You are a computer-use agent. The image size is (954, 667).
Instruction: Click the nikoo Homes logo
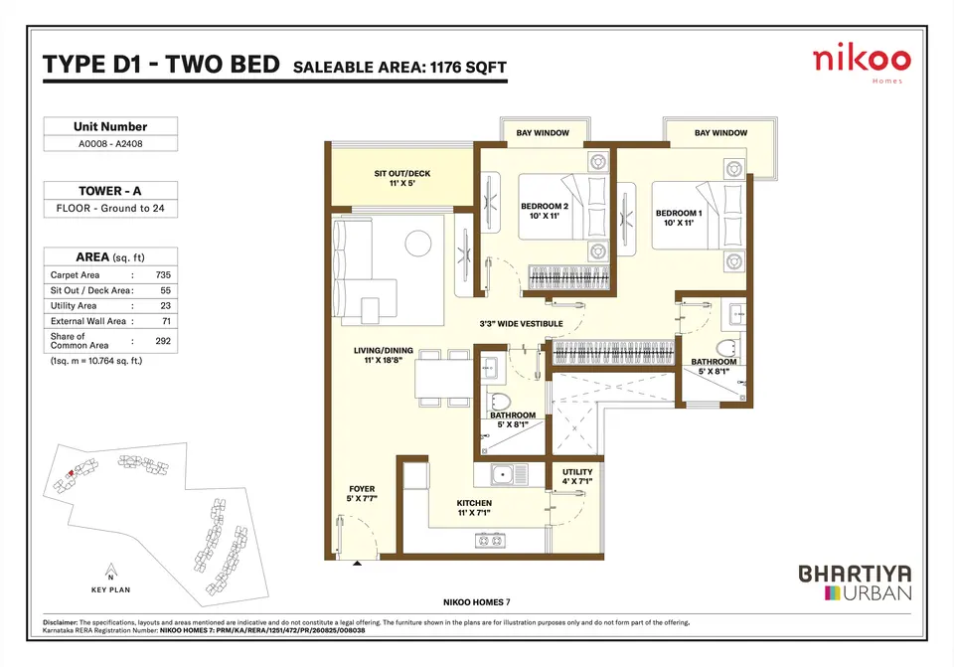click(x=862, y=65)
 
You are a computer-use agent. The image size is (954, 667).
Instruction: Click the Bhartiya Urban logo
click(x=855, y=583)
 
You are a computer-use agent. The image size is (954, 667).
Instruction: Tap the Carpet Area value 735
click(x=163, y=275)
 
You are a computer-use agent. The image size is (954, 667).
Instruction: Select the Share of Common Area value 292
click(x=163, y=341)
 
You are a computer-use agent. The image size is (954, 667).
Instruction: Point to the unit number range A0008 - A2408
click(x=110, y=143)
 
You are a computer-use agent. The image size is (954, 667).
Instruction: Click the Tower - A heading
click(x=110, y=191)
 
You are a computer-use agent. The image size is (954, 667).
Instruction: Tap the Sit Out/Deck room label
click(x=402, y=178)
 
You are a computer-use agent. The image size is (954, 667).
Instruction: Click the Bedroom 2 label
click(x=545, y=211)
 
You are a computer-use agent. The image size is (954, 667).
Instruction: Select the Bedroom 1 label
click(x=679, y=218)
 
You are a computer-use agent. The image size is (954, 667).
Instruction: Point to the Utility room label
click(x=577, y=476)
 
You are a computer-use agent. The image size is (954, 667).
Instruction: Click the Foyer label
click(x=362, y=494)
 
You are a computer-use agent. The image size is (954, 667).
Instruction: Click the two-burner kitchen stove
click(x=490, y=540)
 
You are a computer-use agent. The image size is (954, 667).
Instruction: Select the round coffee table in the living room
click(x=418, y=243)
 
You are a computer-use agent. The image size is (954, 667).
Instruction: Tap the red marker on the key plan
click(x=72, y=472)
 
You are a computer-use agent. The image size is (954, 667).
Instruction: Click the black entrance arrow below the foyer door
click(x=357, y=564)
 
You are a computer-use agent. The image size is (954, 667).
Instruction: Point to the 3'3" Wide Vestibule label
click(x=522, y=324)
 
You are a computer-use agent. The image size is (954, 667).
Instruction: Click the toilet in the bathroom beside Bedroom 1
click(x=725, y=349)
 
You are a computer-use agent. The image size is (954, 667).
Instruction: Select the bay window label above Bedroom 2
click(x=543, y=132)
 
